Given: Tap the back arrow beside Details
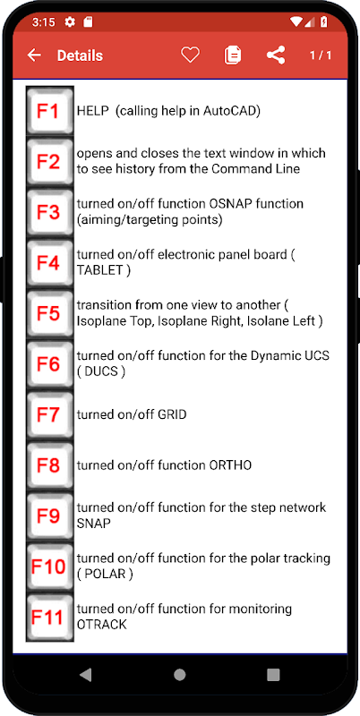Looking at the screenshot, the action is (x=34, y=55).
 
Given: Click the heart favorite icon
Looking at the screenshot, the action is (x=190, y=55).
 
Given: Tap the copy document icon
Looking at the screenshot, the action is (x=233, y=55).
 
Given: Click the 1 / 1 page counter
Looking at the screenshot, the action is (x=321, y=55).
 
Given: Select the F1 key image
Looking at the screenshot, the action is (x=50, y=111).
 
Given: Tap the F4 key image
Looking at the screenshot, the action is (x=50, y=263).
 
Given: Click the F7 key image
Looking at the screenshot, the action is (x=50, y=415).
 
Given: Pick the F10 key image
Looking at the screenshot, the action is (x=50, y=567).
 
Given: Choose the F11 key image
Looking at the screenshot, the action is (x=50, y=618).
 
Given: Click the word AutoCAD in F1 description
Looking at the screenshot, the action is (x=230, y=111).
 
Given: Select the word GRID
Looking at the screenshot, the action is (x=172, y=414).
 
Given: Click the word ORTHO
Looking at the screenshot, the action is (x=230, y=465).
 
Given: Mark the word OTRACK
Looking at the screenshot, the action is (x=101, y=624).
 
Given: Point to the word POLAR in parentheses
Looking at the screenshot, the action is (x=105, y=574).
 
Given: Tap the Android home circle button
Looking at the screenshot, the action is (x=179, y=675).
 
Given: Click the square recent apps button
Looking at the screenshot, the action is (x=273, y=675).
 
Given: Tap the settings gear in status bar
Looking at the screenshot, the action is (x=70, y=21).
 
